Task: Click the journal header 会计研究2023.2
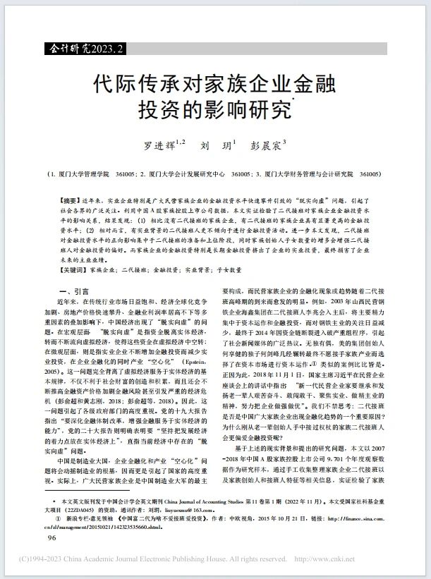83,49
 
